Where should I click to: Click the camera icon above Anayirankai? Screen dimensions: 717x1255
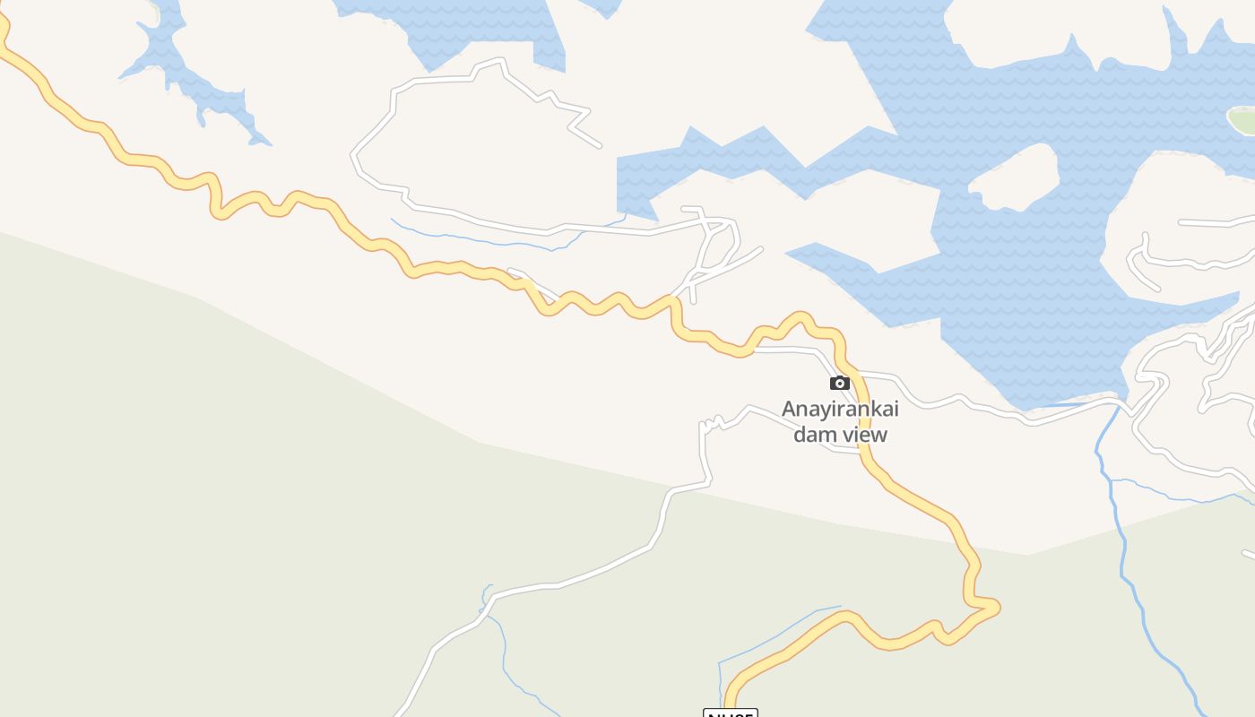point(839,384)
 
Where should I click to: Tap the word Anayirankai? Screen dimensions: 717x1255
point(840,409)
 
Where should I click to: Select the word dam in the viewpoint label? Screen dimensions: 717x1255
point(813,435)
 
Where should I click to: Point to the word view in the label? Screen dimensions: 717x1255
point(863,435)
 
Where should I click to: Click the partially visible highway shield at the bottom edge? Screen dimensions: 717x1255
point(731,713)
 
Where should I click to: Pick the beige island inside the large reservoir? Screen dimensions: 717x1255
point(1015,177)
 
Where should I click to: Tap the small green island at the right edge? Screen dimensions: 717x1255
point(1242,119)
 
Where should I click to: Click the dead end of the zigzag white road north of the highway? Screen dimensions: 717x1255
point(598,145)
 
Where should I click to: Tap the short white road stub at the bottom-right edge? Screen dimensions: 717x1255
point(1248,555)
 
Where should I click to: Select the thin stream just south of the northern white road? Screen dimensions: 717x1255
point(484,240)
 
